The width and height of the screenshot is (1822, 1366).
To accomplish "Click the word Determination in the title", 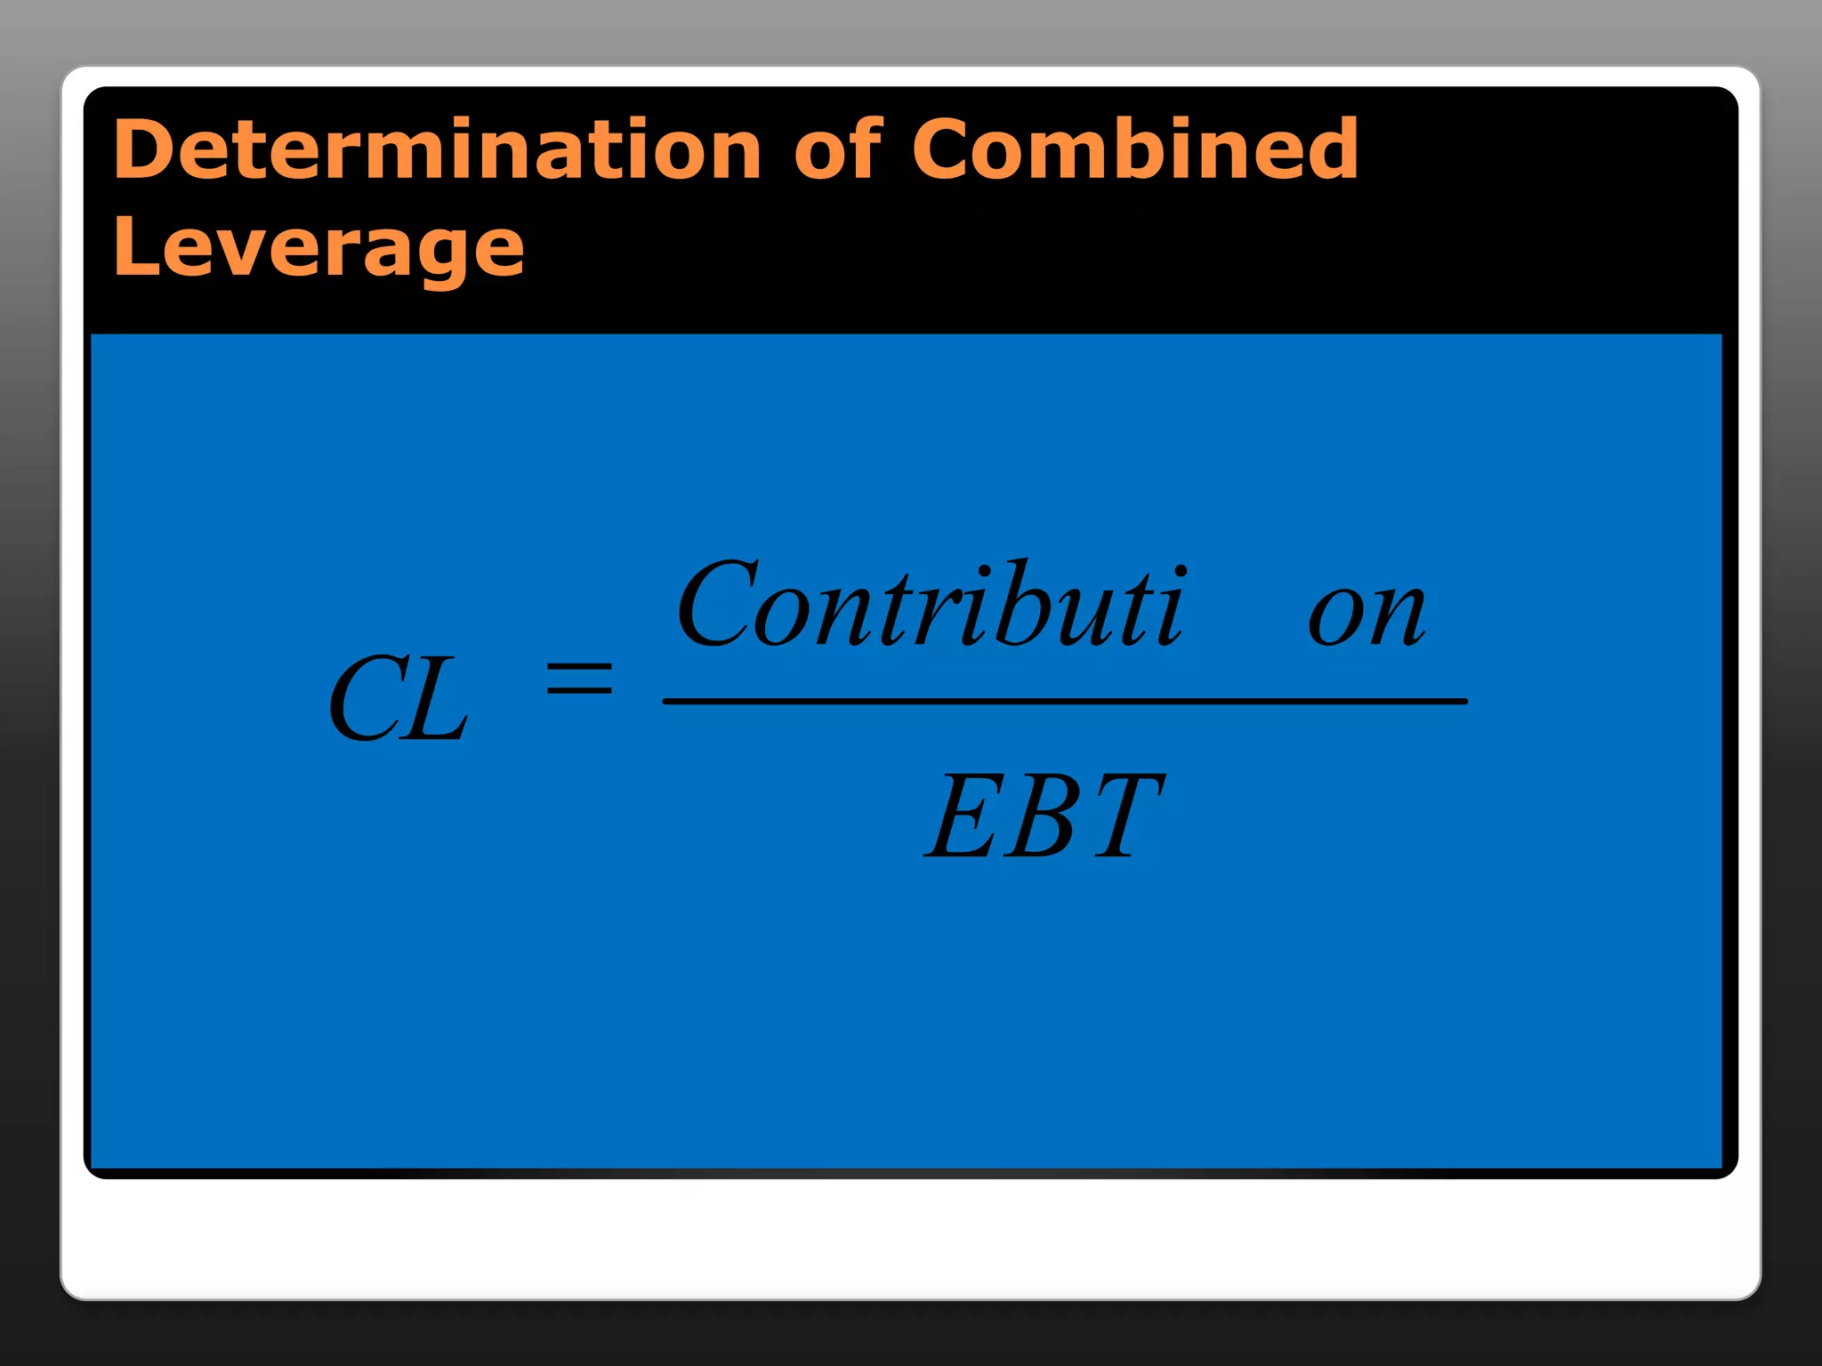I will [437, 149].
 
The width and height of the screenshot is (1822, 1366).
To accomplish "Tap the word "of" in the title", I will [837, 149].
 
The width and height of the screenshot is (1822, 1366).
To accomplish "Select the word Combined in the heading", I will [1135, 149].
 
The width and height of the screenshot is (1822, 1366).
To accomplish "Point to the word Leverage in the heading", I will [318, 248].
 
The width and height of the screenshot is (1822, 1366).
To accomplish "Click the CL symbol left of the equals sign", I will [398, 699].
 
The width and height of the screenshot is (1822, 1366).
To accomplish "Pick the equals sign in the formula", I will [579, 679].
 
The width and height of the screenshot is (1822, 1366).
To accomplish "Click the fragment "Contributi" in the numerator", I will [931, 605].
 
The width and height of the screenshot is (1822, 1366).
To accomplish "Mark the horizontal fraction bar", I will [1064, 702].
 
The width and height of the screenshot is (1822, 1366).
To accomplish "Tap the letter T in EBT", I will [1125, 816].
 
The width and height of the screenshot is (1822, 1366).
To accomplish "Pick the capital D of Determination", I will [142, 149].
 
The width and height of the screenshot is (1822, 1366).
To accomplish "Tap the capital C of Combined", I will [944, 149].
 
